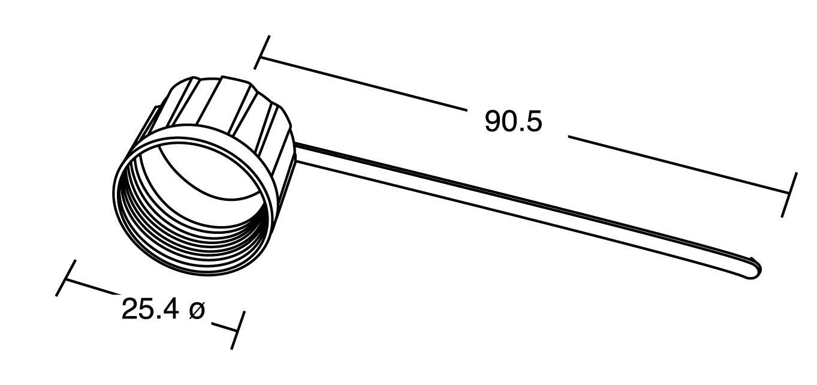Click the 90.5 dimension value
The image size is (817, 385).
coord(513,122)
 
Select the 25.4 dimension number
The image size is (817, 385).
coord(150,309)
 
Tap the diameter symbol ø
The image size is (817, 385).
coord(197,310)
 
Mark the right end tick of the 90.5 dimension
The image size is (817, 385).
coord(789,194)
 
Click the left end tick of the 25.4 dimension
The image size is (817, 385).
coord(66,278)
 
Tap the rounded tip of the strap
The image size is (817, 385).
coord(756,267)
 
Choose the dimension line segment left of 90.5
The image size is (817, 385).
coord(360,84)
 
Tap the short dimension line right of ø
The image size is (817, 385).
coord(225,327)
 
